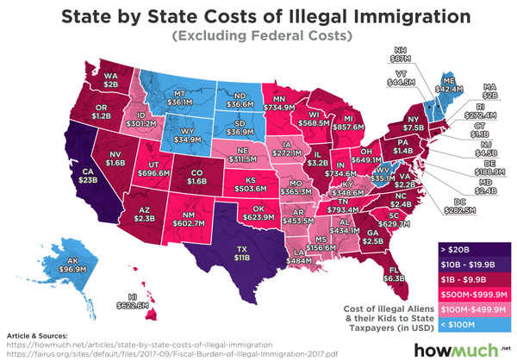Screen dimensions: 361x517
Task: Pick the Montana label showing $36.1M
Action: pyautogui.click(x=183, y=98)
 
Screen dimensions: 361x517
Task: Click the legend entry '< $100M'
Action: pyautogui.click(x=472, y=323)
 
